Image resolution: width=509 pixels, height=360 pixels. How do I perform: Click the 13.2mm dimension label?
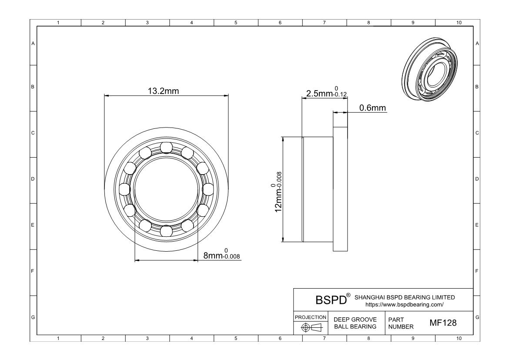pos(163,91)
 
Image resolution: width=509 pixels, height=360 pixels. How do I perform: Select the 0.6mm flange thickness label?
pos(372,108)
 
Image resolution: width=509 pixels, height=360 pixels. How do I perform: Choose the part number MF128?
pos(443,323)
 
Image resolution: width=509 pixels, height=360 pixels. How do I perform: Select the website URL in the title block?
pos(404,305)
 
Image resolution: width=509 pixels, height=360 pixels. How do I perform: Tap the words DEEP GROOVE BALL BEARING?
pos(355,323)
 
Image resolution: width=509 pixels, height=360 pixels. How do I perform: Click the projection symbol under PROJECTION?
pos(311,327)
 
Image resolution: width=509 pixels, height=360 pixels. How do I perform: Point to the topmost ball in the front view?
pos(166,148)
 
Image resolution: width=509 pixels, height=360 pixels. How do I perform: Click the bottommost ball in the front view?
pos(166,231)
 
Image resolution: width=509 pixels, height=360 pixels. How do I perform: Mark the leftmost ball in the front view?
pos(125,189)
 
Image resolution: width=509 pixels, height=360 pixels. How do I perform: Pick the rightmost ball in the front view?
pos(208,189)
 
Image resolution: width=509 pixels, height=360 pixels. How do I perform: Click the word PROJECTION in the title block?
pos(310,317)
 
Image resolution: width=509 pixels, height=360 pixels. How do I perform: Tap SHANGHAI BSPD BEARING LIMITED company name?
pos(405,297)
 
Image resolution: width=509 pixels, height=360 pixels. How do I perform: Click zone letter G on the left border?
pos(33,317)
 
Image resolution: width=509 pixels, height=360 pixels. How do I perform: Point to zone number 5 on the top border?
pos(236,23)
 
